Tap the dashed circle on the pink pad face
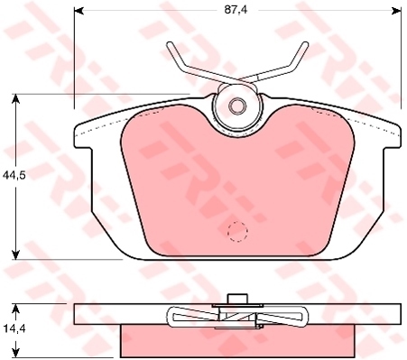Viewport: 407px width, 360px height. (x=237, y=232)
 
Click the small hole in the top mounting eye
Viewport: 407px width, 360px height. (x=237, y=106)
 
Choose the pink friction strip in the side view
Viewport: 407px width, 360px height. (x=237, y=340)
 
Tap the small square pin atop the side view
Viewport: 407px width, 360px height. (x=237, y=300)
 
